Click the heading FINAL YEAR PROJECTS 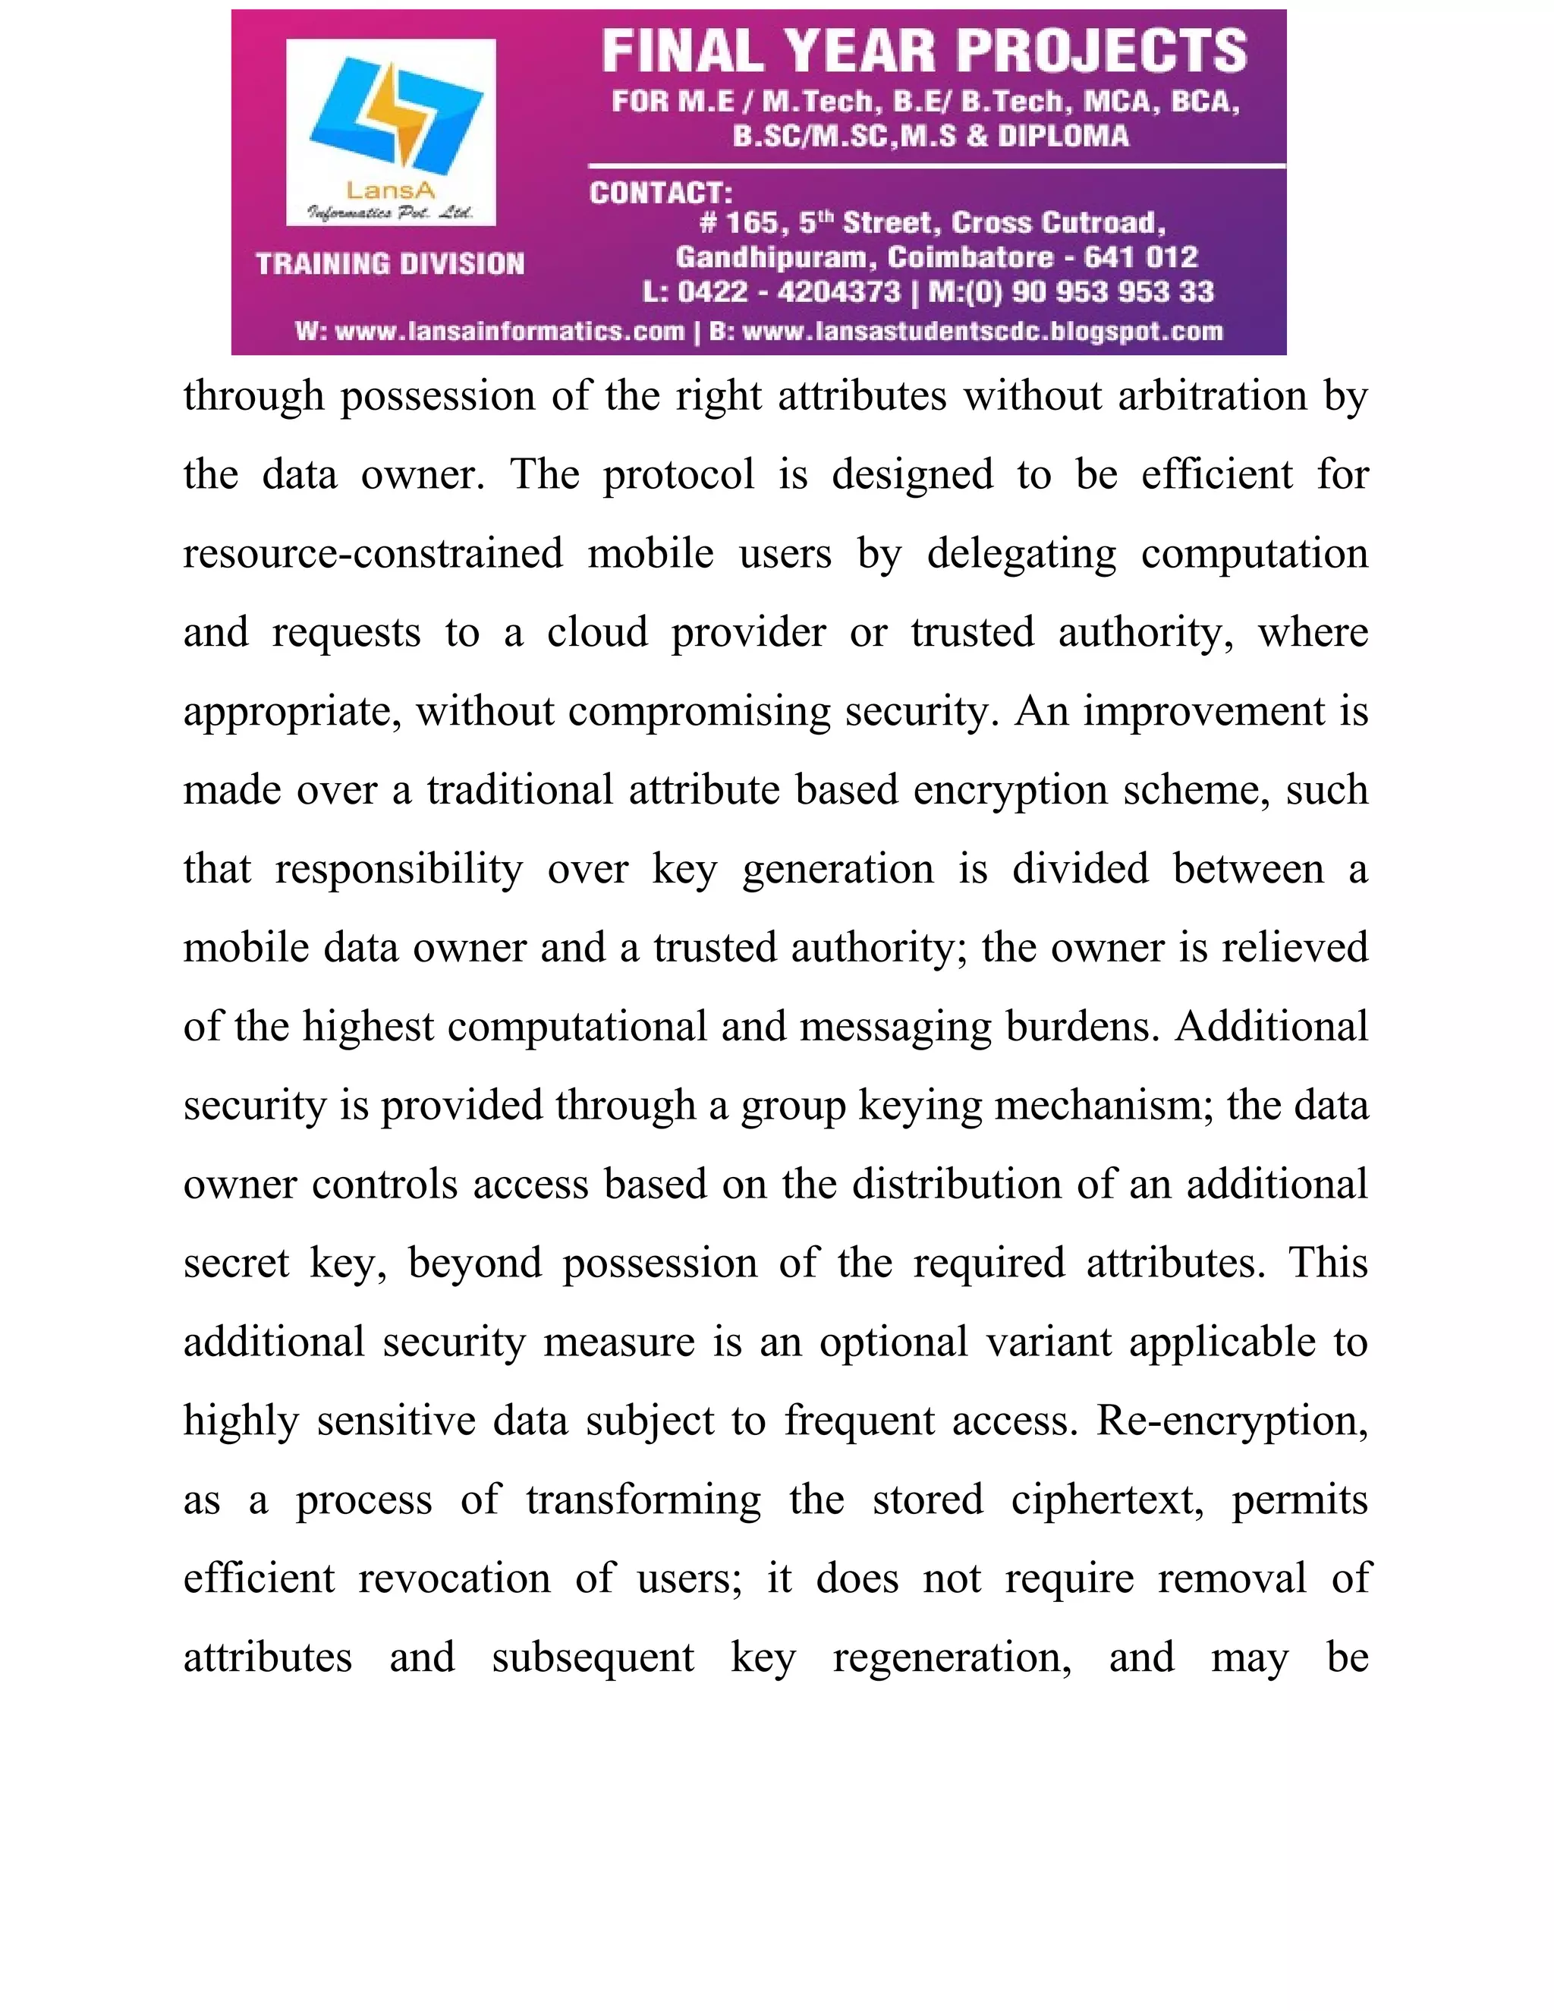(923, 52)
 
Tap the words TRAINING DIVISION (390, 264)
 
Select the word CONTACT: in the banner (660, 194)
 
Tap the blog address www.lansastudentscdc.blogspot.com (981, 332)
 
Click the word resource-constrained (373, 554)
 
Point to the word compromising (699, 712)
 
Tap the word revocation (454, 1579)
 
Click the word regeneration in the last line (952, 1658)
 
